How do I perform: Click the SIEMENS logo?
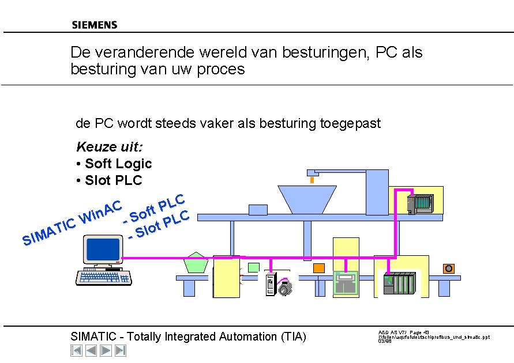pos(95,25)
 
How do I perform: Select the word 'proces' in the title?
pos(222,70)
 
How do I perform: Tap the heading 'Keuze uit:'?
pos(110,147)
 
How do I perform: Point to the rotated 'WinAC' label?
pos(102,211)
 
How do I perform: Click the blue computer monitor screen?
pos(102,249)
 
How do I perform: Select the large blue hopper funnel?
pos(306,199)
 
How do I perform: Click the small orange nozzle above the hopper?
pos(312,180)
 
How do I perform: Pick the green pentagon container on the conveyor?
pos(197,263)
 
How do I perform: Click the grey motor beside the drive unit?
pos(284,286)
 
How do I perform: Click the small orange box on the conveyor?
pos(448,268)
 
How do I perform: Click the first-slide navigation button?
pos(76,350)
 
